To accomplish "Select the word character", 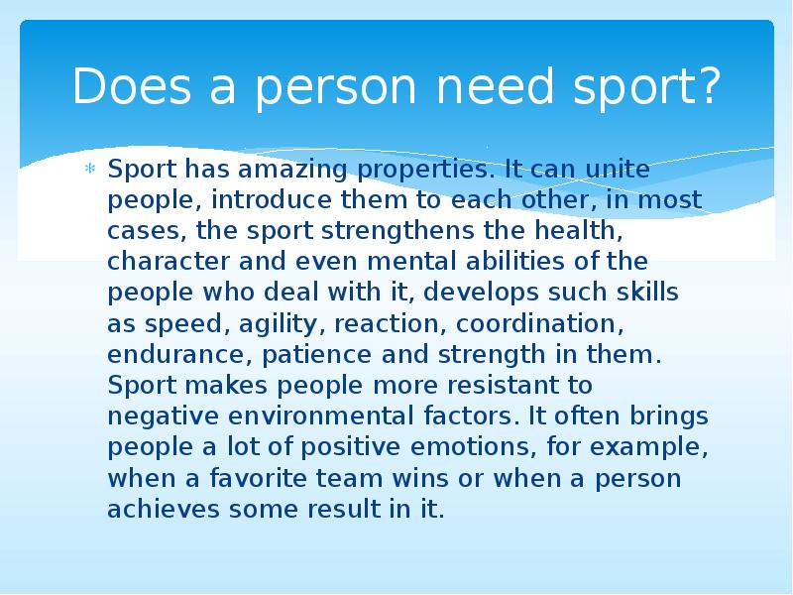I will [x=159, y=262].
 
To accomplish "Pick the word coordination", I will [x=546, y=323].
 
